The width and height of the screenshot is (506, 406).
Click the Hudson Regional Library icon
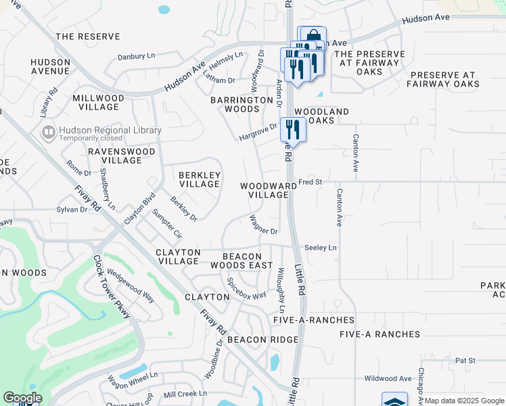[x=48, y=132]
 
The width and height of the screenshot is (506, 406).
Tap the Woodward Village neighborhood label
[x=265, y=189]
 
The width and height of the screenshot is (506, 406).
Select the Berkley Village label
[x=199, y=179]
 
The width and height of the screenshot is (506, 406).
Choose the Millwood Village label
[x=99, y=102]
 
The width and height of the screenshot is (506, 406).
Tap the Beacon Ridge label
[x=262, y=339]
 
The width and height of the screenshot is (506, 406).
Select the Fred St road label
[x=310, y=182]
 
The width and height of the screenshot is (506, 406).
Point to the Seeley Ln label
[x=320, y=248]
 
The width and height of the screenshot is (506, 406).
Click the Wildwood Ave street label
[x=388, y=378]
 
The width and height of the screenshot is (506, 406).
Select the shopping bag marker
[x=313, y=36]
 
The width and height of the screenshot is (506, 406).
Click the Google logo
[x=22, y=398]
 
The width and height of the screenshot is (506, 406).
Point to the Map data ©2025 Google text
[x=465, y=401]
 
